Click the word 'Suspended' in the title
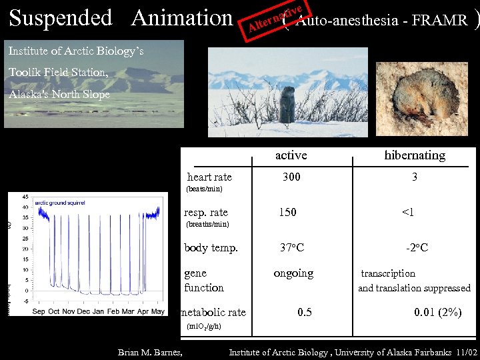click(x=61, y=18)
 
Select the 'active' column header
click(x=291, y=155)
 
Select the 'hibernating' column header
click(x=414, y=155)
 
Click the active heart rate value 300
click(x=291, y=177)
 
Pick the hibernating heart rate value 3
click(x=414, y=177)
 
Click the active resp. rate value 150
click(x=287, y=213)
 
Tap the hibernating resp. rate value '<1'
click(x=407, y=213)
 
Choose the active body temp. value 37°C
click(x=291, y=248)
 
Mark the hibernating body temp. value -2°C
click(x=417, y=248)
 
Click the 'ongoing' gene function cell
click(x=293, y=273)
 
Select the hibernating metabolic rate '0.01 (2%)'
click(x=437, y=312)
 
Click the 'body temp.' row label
click(x=211, y=248)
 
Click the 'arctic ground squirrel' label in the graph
click(x=60, y=203)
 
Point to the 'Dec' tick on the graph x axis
click(x=83, y=311)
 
